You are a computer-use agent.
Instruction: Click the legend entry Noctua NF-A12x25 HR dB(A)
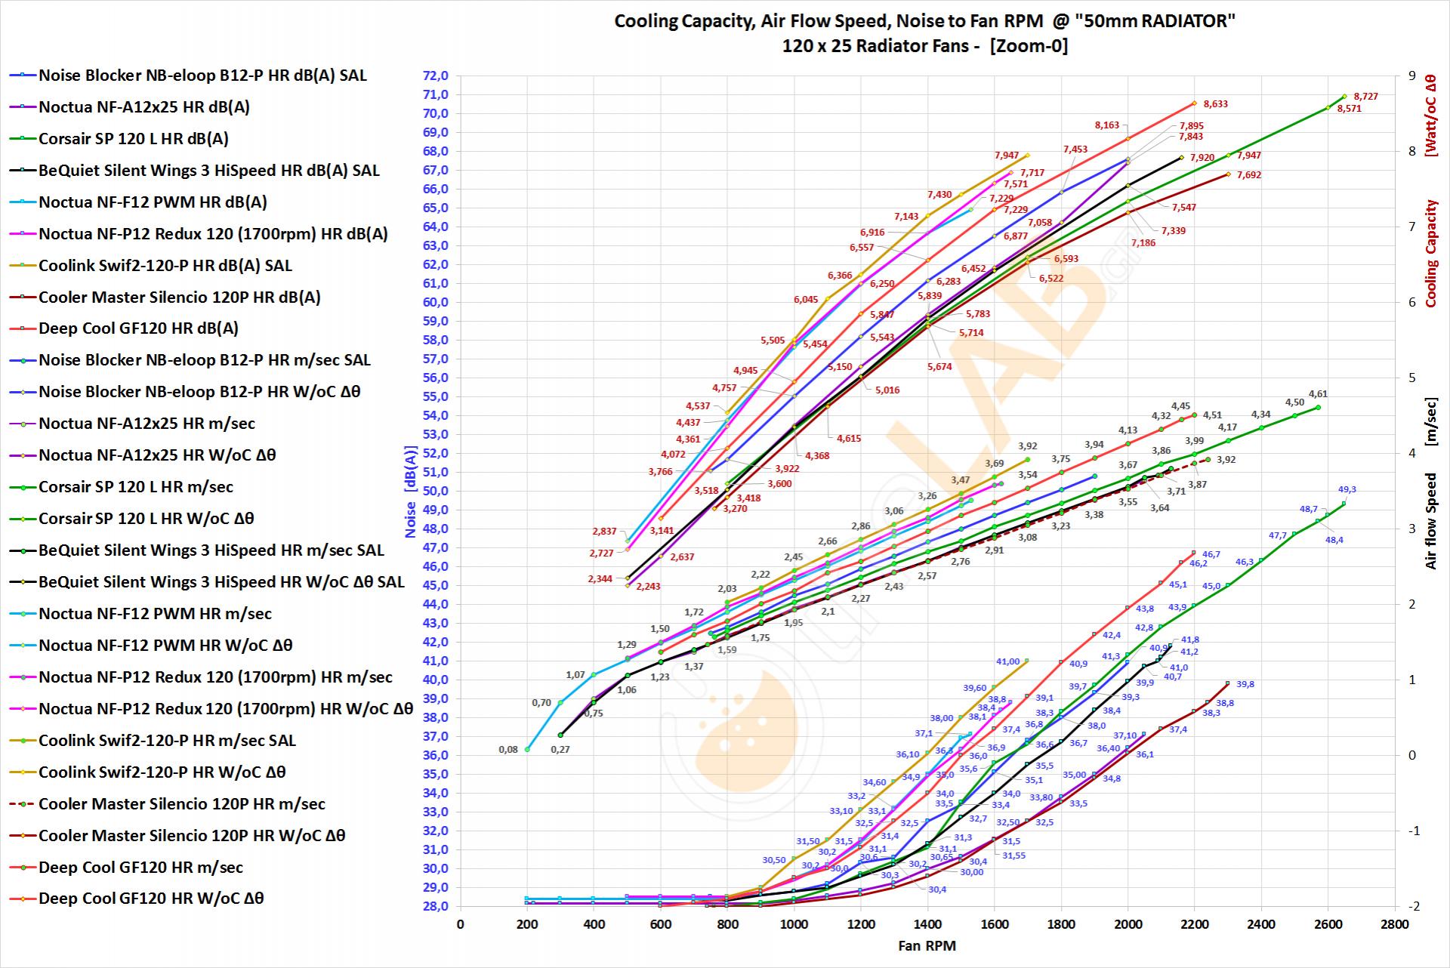(x=143, y=107)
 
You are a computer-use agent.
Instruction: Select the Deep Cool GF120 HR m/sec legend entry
(x=140, y=868)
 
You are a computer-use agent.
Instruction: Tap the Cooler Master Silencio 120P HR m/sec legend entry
(x=181, y=804)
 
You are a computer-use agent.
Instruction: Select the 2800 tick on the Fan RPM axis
(x=1394, y=924)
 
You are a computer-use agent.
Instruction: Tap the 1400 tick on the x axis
(x=927, y=924)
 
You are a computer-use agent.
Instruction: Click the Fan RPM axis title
(x=927, y=945)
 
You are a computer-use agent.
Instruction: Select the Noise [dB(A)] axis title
(x=411, y=491)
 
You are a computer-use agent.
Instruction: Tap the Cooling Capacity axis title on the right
(x=1431, y=253)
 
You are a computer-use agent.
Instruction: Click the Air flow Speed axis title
(x=1431, y=521)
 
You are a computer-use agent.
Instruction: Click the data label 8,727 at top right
(x=1365, y=97)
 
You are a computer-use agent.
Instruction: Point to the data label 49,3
(x=1347, y=489)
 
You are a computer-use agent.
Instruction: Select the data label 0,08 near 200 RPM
(x=508, y=750)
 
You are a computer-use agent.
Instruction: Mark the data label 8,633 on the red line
(x=1215, y=104)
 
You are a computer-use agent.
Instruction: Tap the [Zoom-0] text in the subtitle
(x=1028, y=46)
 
